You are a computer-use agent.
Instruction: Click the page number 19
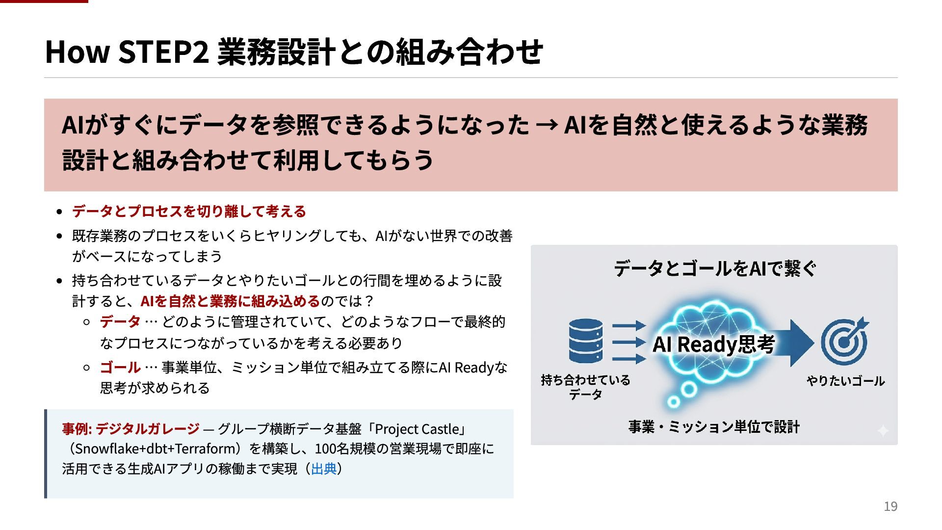pos(890,506)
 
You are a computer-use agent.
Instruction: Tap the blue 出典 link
pos(324,469)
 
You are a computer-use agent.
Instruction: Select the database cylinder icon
pos(586,341)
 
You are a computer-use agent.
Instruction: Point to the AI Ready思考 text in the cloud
pos(713,344)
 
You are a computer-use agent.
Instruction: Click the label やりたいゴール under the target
pos(845,381)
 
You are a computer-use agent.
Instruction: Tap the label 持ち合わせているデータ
pos(585,387)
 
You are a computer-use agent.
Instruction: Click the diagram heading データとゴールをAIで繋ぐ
pos(714,268)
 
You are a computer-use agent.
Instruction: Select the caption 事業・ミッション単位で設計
pos(714,427)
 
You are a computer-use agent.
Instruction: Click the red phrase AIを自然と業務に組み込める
pos(230,301)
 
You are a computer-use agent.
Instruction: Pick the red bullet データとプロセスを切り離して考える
pos(189,212)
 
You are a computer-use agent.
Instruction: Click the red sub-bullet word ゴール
pos(120,368)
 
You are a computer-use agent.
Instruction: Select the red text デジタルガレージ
pos(147,429)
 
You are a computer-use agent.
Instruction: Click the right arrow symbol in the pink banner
pos(547,125)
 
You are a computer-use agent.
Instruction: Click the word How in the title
pos(77,52)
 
